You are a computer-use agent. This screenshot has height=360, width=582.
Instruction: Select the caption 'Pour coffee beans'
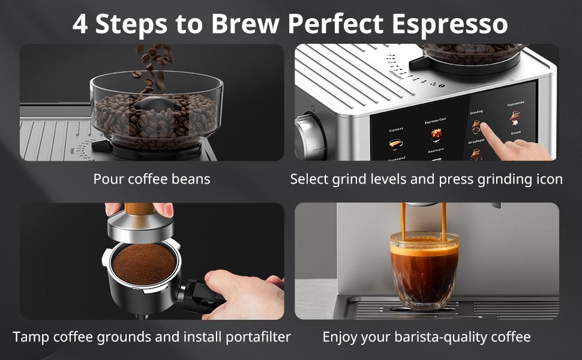[152, 179]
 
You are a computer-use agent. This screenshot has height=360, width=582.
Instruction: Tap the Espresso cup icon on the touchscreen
[395, 144]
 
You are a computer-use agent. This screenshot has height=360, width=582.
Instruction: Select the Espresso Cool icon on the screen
[436, 134]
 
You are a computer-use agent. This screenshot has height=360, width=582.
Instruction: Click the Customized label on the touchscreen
[515, 103]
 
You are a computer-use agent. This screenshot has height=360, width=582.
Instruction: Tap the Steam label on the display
[515, 133]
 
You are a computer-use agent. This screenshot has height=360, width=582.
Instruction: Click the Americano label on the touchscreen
[435, 151]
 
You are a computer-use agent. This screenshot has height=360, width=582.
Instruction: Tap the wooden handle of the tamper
[139, 209]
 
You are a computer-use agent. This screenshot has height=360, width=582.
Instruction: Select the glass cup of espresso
[424, 269]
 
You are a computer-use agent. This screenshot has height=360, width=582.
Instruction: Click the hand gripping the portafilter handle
[243, 294]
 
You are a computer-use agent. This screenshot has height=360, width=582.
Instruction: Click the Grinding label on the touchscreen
[476, 112]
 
